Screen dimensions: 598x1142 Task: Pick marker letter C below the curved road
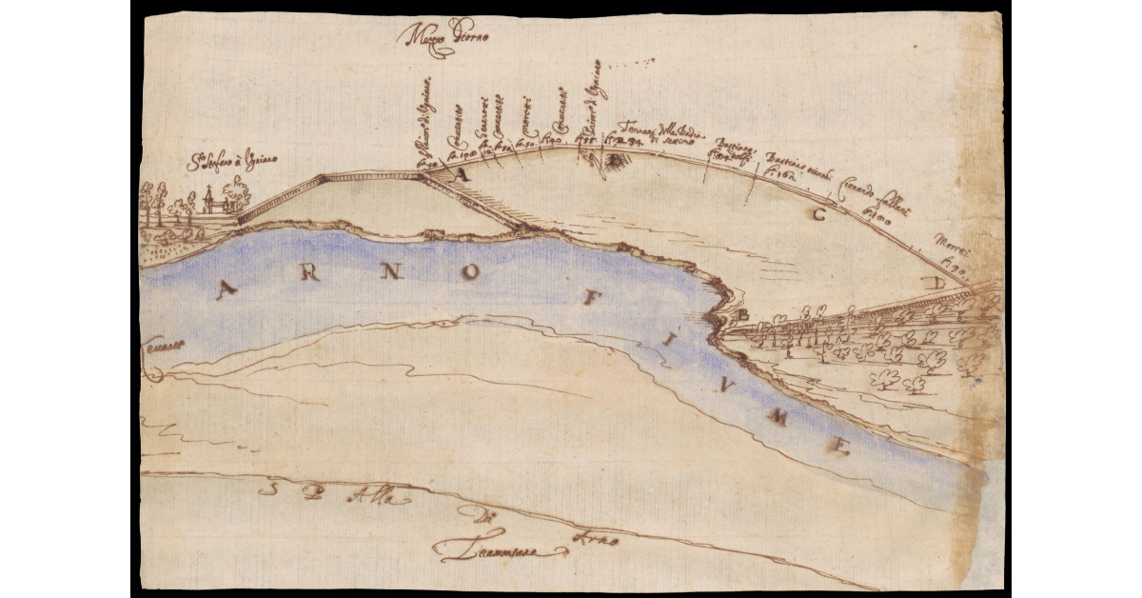[817, 214]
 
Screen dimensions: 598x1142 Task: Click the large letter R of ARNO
[307, 278]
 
